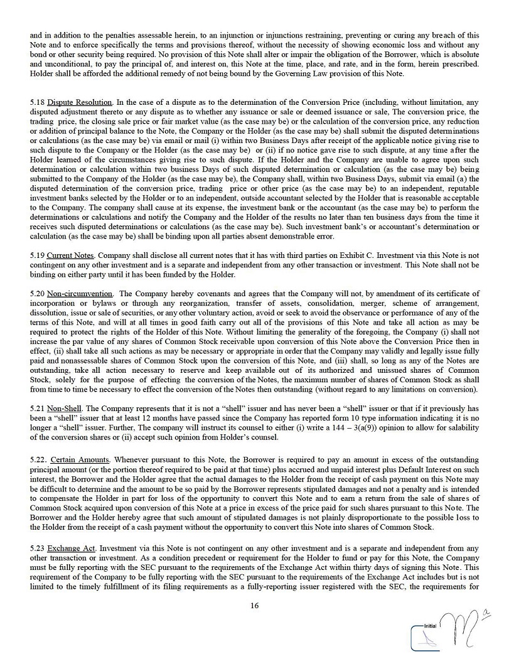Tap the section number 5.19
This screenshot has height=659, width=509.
[37, 256]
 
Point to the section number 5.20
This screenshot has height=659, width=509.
[37, 293]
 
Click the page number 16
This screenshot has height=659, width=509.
[254, 606]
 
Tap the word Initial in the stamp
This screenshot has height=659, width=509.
[431, 626]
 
